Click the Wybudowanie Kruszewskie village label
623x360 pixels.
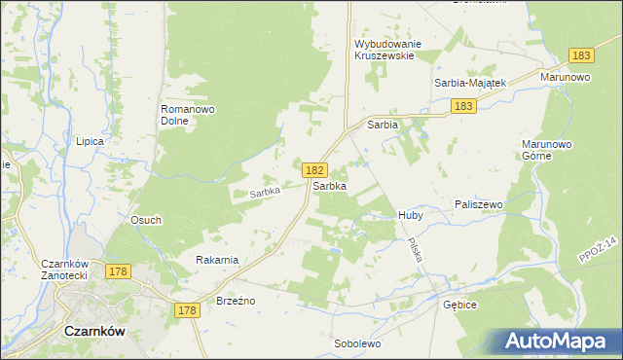(x=385, y=50)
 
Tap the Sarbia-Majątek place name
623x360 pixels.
(x=470, y=83)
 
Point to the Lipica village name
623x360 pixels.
(x=90, y=141)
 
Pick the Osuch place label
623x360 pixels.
(x=146, y=220)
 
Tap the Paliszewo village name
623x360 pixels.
(x=478, y=204)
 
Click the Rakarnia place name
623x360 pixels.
(x=217, y=260)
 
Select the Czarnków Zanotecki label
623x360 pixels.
(x=66, y=270)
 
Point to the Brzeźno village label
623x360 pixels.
(x=236, y=301)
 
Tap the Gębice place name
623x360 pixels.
(x=459, y=305)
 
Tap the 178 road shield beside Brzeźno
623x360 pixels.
(x=188, y=310)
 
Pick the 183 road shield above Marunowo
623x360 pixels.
(x=581, y=56)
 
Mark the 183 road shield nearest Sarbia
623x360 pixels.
(x=462, y=106)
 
